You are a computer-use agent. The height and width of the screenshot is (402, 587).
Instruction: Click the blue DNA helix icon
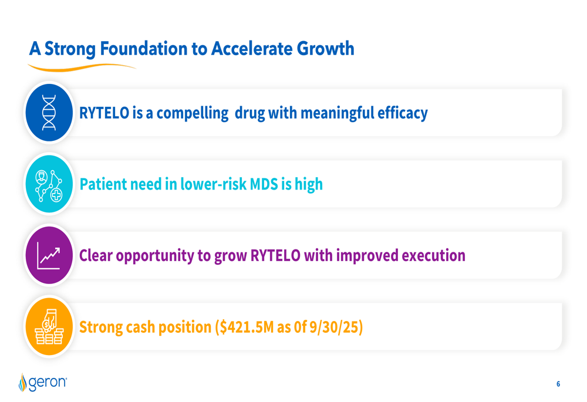49,113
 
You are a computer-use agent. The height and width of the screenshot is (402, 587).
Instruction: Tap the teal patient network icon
49,184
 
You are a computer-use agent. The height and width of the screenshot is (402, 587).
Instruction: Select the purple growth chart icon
49,256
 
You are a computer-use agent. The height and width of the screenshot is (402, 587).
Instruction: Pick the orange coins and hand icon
49,327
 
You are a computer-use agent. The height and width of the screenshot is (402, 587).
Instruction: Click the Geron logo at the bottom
43,383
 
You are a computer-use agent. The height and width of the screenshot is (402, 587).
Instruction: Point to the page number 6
558,384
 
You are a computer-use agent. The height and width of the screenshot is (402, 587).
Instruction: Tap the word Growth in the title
326,49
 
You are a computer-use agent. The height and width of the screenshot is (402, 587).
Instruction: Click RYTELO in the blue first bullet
104,113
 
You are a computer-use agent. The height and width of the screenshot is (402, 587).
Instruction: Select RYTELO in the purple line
275,256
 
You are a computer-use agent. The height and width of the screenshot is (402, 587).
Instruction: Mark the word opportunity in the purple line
154,256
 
